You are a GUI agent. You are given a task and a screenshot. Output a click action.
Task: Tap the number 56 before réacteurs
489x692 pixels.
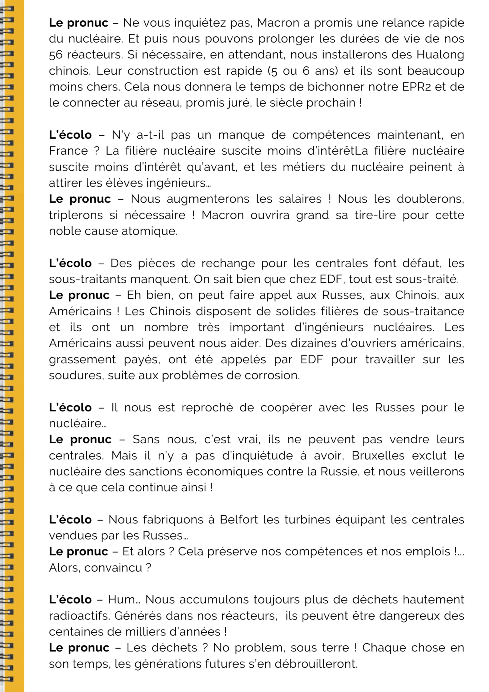pyautogui.click(x=56, y=55)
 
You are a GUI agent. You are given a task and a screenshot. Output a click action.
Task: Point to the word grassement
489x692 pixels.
pyautogui.click(x=82, y=359)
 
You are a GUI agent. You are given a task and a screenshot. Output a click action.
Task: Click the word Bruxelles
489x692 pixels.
pyautogui.click(x=378, y=455)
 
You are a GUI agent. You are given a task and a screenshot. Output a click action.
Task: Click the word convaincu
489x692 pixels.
pyautogui.click(x=113, y=568)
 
